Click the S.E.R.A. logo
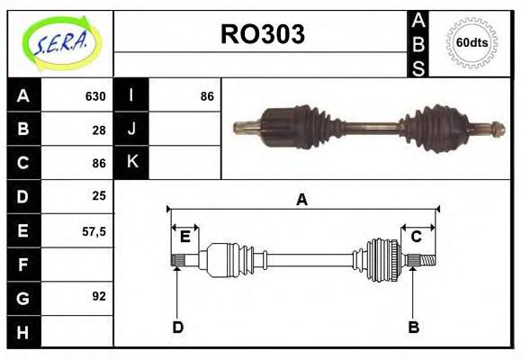59,41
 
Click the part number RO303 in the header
263,35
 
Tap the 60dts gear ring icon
472,42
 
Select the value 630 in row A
95,96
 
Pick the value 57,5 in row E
94,231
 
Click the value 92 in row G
99,296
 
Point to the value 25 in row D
99,195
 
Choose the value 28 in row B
99,130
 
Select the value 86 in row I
207,96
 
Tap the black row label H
23,332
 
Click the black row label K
132,162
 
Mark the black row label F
23,265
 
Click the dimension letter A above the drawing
302,200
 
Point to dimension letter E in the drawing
184,237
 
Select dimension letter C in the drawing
417,237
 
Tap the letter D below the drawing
177,328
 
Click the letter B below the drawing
414,328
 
